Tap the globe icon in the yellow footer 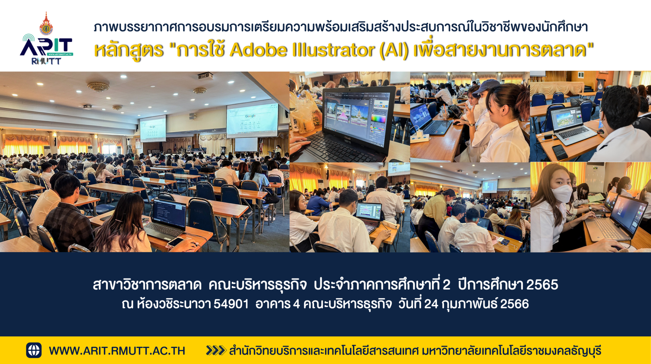pos(34,350)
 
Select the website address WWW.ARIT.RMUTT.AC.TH pos(117,351)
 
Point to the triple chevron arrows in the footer pos(216,350)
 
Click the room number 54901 pos(231,304)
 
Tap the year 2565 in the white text pos(542,285)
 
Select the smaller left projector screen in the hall pos(153,128)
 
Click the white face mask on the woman pos(562,193)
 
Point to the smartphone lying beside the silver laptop pos(560,152)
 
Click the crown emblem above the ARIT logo pos(46,24)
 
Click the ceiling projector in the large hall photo pos(205,76)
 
